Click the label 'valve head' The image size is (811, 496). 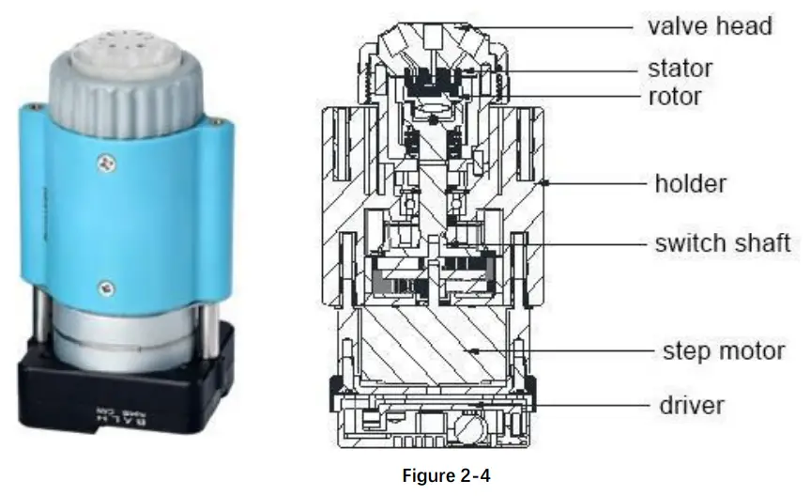(709, 25)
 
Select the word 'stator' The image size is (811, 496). (680, 69)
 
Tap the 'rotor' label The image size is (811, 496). (674, 96)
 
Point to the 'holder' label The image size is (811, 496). (689, 182)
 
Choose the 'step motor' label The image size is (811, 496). (723, 351)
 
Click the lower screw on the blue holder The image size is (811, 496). (110, 285)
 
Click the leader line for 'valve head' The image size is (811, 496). (563, 26)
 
